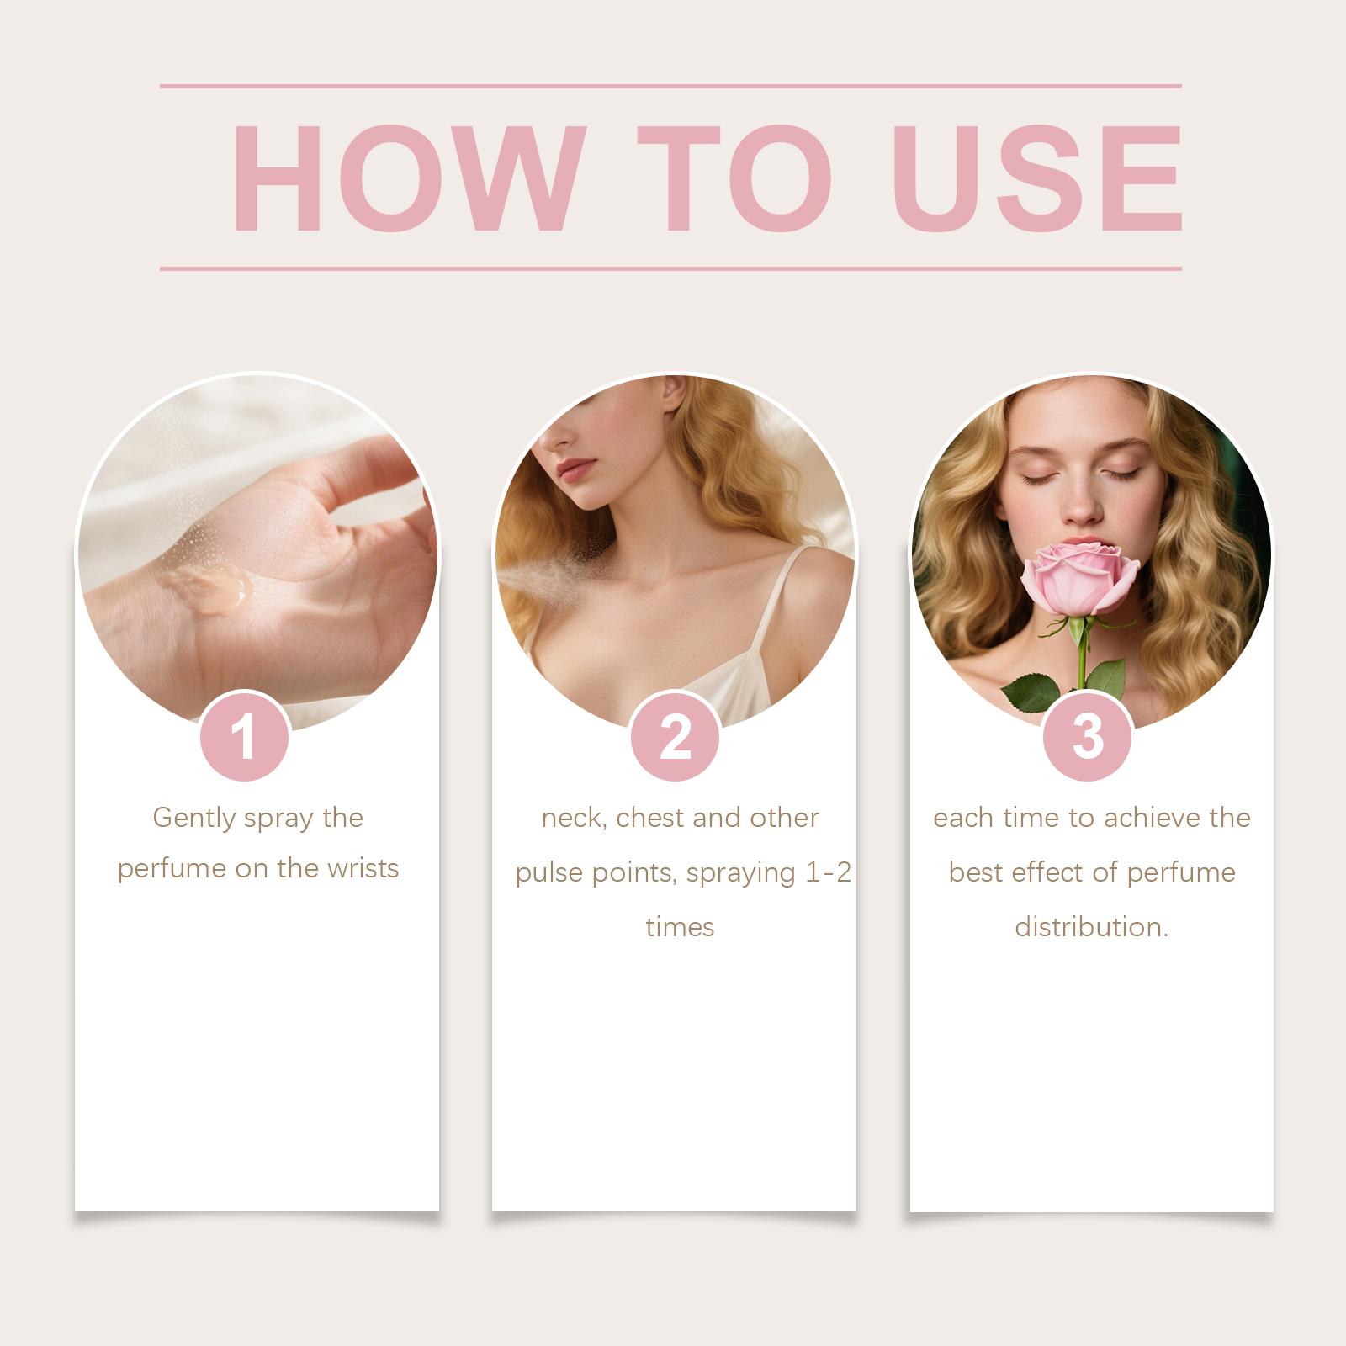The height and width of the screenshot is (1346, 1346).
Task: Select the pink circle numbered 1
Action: click(x=245, y=737)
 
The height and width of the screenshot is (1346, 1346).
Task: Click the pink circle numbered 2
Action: click(x=676, y=737)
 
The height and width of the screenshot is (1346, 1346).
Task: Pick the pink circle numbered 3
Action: click(x=1088, y=737)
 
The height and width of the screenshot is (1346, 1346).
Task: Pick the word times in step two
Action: click(x=680, y=927)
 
